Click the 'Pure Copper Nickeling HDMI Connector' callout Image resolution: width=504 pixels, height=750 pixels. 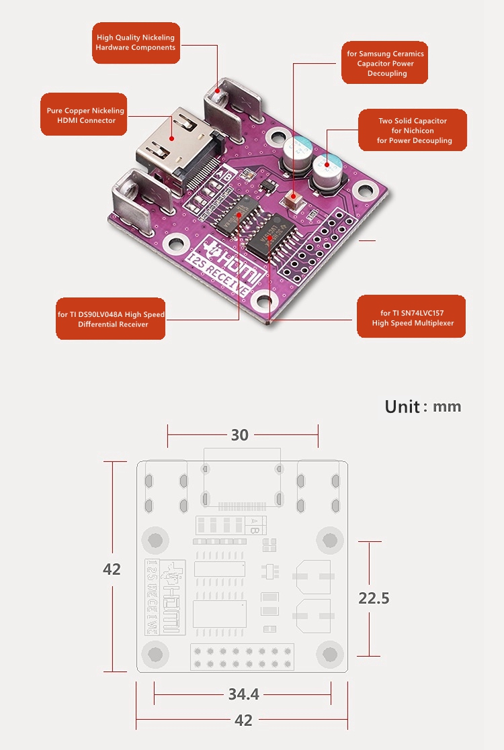tap(85, 115)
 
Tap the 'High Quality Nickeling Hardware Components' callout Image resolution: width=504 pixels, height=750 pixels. tap(136, 43)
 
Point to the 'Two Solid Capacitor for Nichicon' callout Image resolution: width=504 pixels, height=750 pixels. tap(413, 130)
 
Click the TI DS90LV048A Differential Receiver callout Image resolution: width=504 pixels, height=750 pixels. tap(111, 319)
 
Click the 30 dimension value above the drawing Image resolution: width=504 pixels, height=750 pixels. tap(240, 435)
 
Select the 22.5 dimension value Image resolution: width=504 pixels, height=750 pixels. tap(374, 598)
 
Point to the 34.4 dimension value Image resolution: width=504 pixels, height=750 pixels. tap(243, 694)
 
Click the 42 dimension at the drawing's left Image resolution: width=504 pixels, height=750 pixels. tap(112, 569)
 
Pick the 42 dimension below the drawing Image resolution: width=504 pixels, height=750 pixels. tap(243, 720)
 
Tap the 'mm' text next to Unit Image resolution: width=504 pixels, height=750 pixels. tap(447, 406)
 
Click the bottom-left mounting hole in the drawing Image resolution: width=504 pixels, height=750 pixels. tap(155, 653)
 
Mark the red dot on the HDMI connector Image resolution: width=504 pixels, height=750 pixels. tap(172, 139)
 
